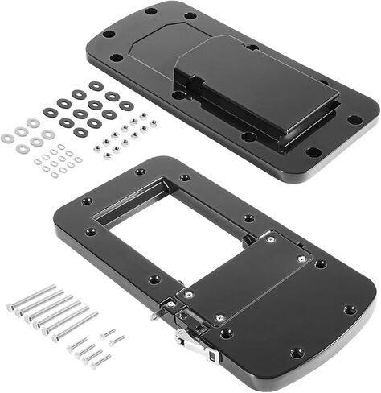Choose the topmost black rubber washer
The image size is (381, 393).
pos(96,85)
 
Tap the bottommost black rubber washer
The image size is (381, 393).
pos(81,131)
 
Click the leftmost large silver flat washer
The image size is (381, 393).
pos(8,138)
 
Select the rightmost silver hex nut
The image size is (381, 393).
pos(153,123)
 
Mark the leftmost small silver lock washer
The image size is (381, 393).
pos(38,161)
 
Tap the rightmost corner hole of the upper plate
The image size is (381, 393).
pos(354,120)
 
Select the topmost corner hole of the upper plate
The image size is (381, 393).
pos(150,11)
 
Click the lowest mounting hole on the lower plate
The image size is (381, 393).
pos(297,352)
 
